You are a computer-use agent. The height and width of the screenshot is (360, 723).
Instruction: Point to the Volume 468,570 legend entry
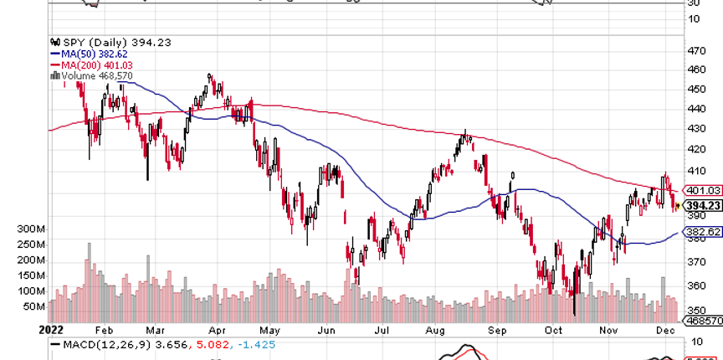coord(91,75)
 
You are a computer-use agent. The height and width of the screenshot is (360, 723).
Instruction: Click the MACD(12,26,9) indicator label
coord(96,344)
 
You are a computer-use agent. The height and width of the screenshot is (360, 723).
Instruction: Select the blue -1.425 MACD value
coord(255,344)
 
